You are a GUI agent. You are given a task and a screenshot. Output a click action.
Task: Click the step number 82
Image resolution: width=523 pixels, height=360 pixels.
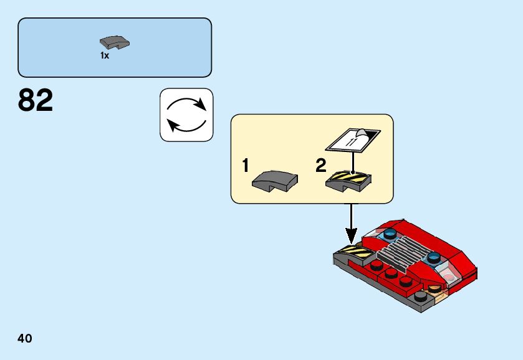click(x=36, y=100)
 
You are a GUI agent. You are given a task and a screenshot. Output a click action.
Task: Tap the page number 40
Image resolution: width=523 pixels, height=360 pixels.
click(x=25, y=339)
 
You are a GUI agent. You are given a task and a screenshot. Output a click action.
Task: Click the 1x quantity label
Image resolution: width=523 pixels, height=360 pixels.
click(x=105, y=55)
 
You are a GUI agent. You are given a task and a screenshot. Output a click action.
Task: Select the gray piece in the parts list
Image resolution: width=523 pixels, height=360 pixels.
click(x=114, y=43)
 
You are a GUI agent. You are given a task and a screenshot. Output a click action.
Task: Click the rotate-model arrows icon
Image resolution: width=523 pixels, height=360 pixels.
click(x=186, y=115)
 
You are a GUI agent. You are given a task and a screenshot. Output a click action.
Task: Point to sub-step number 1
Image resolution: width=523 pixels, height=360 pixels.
click(x=246, y=166)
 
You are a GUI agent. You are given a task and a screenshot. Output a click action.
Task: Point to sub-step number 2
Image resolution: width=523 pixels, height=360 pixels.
click(x=320, y=166)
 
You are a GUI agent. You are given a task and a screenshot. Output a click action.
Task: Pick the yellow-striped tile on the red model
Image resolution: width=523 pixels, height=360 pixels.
click(x=356, y=252)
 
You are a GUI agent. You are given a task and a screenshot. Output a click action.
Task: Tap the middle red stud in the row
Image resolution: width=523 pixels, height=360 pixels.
click(x=391, y=273)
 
